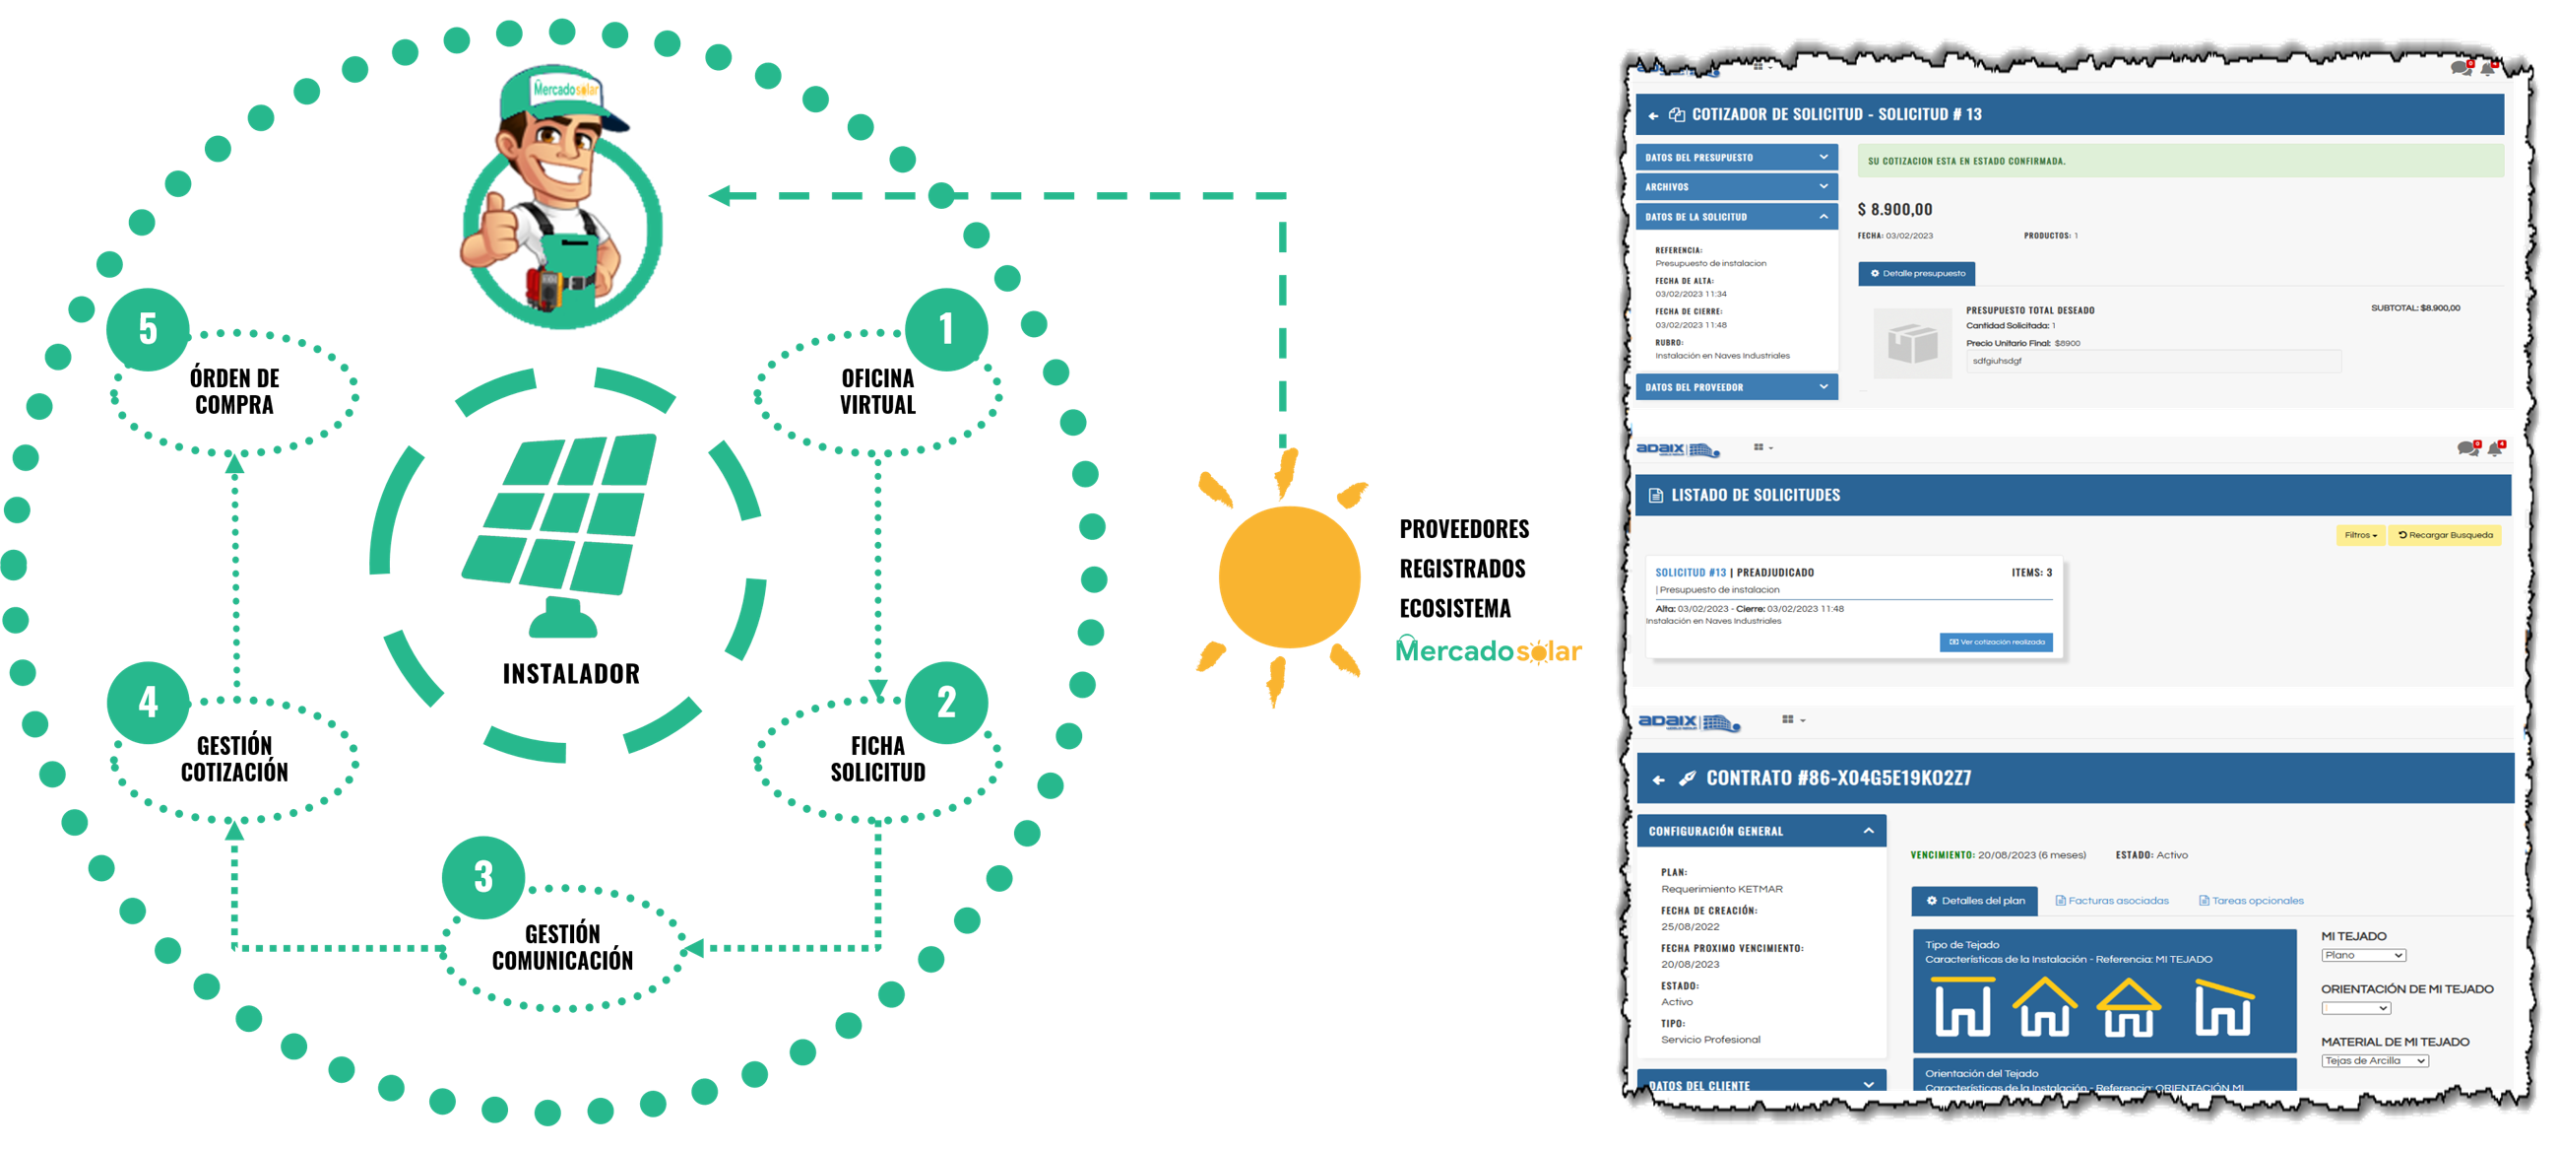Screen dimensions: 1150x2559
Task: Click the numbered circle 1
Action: [945, 329]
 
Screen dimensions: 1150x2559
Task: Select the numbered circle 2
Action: [945, 703]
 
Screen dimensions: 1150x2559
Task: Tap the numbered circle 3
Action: [482, 877]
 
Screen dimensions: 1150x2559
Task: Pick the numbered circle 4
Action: [148, 703]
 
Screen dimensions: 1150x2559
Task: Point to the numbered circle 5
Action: [148, 329]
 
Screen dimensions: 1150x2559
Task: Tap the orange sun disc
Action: [1289, 576]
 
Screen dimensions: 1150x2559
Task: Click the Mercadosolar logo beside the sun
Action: [1487, 651]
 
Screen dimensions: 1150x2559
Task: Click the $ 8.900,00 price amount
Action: [1894, 210]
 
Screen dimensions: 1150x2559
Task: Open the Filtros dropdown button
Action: [2359, 536]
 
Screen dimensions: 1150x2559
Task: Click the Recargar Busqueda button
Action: [2445, 536]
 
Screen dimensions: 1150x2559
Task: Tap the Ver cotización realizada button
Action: [1996, 643]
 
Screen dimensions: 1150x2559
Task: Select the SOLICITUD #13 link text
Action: [1690, 573]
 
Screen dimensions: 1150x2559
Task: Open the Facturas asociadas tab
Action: [2112, 901]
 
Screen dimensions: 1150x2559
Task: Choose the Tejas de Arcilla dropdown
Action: [2374, 1060]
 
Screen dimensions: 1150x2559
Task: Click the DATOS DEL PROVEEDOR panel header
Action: [1736, 386]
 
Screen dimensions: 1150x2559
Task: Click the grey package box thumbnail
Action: [1912, 343]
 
